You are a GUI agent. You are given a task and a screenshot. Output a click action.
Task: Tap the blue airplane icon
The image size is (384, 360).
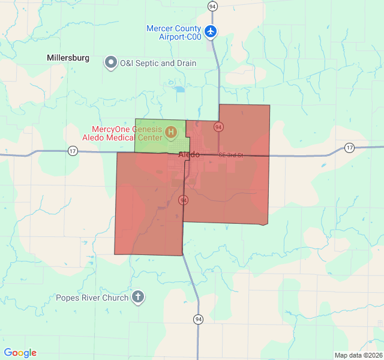tap(211, 31)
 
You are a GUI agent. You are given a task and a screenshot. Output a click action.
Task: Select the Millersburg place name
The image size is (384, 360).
tap(68, 58)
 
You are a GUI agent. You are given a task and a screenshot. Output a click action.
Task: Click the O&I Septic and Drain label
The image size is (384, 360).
tap(158, 63)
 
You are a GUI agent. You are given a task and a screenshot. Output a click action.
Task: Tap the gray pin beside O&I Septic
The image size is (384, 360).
tap(111, 62)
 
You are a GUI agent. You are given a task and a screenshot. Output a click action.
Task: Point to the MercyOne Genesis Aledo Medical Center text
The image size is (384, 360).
tap(127, 134)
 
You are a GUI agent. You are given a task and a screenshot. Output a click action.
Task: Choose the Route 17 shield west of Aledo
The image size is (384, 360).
tap(73, 150)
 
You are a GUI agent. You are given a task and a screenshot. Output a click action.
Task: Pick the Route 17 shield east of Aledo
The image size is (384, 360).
tap(350, 148)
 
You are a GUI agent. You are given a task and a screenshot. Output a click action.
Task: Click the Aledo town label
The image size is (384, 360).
tap(189, 155)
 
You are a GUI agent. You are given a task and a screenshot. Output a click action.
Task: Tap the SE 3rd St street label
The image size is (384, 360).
tap(230, 155)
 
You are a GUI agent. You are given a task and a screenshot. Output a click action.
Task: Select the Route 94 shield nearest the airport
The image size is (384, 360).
tap(212, 6)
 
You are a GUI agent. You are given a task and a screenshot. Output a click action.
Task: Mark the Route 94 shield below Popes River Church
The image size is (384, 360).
tap(198, 319)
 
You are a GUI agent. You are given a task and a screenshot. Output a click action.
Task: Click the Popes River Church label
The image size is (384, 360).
tap(92, 298)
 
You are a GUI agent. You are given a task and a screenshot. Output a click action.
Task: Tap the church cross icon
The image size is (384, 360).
tap(139, 296)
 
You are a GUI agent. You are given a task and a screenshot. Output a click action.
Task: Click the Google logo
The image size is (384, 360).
tap(20, 353)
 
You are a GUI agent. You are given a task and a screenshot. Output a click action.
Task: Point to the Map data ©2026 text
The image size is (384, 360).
tap(358, 355)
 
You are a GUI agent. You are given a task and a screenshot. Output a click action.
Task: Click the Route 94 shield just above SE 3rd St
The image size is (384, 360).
tap(218, 127)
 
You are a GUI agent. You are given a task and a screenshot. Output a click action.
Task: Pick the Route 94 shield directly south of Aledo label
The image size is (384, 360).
tap(184, 200)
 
